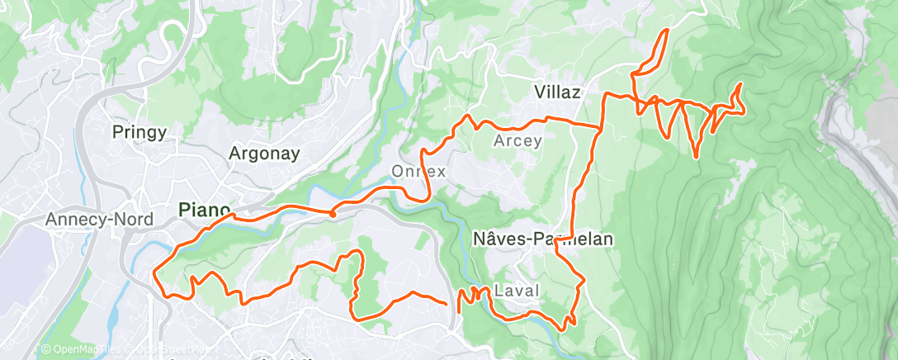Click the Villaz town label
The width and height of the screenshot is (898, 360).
tap(559, 91)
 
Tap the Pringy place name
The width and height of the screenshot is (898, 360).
tap(139, 131)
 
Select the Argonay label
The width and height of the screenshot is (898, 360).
tap(263, 153)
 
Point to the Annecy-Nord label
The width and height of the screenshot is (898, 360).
tap(89, 220)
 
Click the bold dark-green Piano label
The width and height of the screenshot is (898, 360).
tap(204, 211)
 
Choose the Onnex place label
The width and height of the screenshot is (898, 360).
tap(418, 172)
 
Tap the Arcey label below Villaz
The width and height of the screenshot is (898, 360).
tap(518, 140)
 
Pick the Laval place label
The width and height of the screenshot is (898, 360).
tap(517, 291)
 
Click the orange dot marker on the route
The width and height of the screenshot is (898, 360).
tap(332, 213)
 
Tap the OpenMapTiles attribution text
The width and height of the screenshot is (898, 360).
tap(79, 350)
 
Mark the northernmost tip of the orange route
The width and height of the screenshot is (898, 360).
tap(665, 31)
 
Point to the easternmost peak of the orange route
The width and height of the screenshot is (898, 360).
tap(739, 84)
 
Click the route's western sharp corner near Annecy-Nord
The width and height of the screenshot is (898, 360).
tap(155, 268)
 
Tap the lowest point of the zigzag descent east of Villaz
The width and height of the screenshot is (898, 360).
tap(697, 156)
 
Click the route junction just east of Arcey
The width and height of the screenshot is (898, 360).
tap(599, 126)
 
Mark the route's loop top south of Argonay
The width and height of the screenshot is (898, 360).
tap(358, 251)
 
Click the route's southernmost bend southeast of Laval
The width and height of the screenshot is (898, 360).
tap(562, 329)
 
